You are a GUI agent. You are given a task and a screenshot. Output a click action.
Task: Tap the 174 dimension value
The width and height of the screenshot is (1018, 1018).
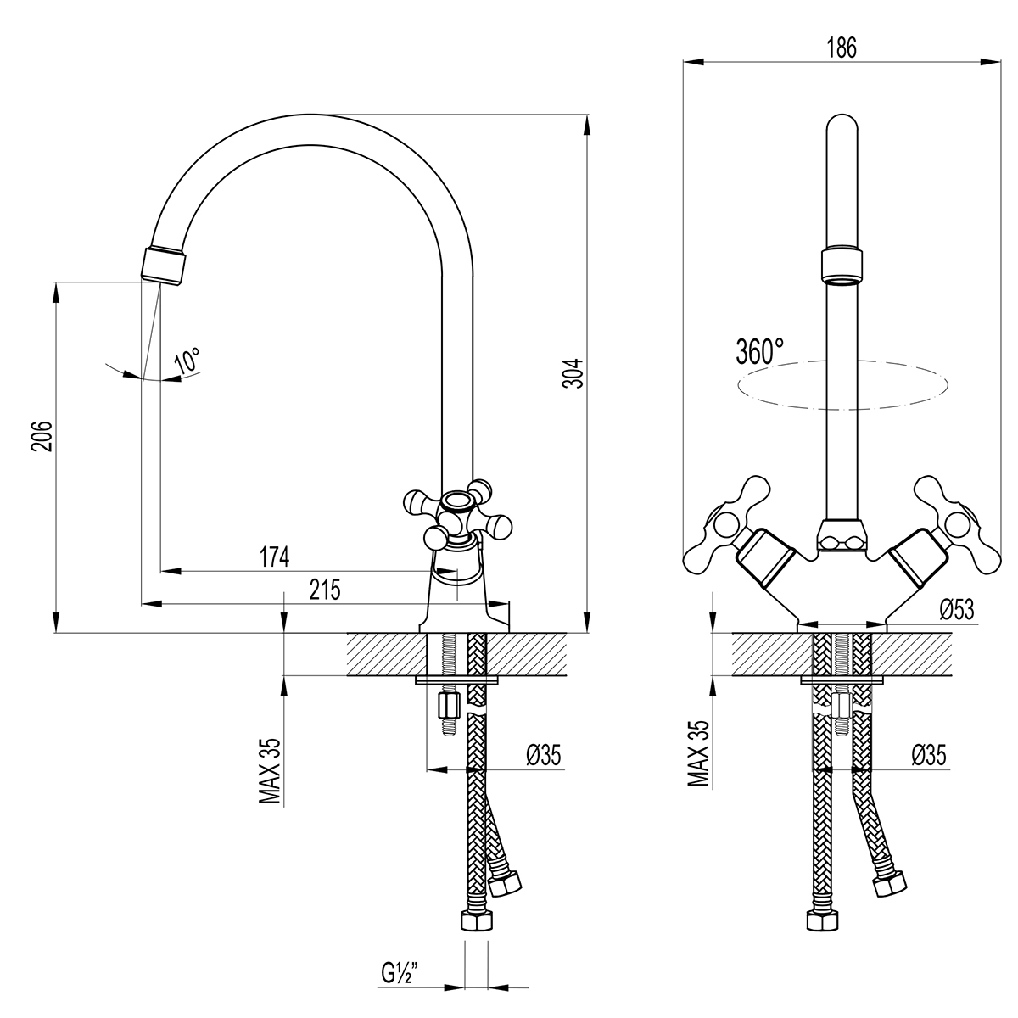pos(274,557)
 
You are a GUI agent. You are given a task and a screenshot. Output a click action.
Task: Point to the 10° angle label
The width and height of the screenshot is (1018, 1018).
pos(187,360)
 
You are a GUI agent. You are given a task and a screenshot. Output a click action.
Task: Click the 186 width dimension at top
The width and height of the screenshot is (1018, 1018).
pos(841,48)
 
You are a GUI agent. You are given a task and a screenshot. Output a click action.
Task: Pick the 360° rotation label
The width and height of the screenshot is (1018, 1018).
pos(760,350)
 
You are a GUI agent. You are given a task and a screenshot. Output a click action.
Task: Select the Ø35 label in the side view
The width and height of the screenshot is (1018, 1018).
pos(544,753)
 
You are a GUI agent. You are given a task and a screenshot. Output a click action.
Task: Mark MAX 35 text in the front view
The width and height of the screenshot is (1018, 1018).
pos(698,754)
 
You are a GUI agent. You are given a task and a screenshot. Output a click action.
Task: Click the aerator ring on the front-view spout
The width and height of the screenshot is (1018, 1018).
pos(841,265)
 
